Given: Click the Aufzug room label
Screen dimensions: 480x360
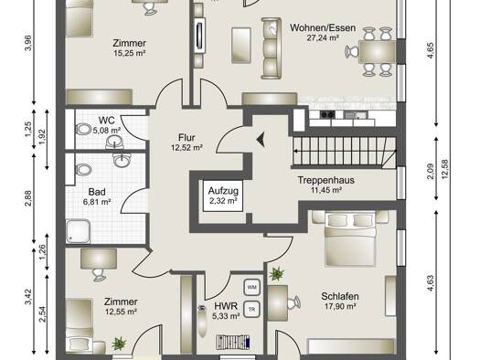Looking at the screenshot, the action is tap(223, 191).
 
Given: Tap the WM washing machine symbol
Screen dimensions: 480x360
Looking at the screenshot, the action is tap(252, 287).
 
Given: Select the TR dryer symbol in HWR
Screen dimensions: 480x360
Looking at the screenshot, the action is tap(252, 309).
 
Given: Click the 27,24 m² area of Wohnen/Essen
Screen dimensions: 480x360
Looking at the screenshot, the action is tap(323, 38).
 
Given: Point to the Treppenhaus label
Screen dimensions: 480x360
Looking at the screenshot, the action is tap(326, 180).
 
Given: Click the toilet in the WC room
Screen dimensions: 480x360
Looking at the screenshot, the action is tap(82, 130).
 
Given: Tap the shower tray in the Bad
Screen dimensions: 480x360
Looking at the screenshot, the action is tap(78, 231).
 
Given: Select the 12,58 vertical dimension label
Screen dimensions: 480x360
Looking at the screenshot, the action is tap(444, 169).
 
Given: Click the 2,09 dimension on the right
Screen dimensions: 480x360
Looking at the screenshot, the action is tap(431, 172).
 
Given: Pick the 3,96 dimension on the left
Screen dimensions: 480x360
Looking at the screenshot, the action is tap(27, 44).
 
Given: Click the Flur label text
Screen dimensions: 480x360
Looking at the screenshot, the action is tap(187, 137).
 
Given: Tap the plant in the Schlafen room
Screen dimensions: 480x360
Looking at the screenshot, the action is tap(277, 274).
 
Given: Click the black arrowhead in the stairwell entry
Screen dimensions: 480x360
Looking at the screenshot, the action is tap(261, 141).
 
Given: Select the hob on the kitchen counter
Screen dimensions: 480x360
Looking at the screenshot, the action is tap(327, 115).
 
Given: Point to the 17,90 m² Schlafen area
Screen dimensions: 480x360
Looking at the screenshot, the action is tap(340, 306).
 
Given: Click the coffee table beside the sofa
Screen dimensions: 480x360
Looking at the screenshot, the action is tap(241, 46).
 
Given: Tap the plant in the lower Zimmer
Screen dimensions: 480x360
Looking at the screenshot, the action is tap(119, 344).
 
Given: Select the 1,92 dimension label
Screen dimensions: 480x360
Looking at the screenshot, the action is tap(42, 137).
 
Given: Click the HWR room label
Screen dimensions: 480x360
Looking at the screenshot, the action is tap(226, 306).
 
